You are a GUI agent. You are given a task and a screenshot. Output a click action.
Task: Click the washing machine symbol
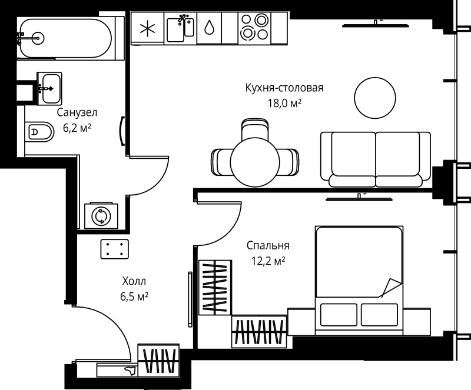[x=102, y=216]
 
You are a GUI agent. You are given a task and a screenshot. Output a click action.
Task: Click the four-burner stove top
[x=254, y=27]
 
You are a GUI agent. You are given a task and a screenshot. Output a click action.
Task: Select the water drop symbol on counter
[x=210, y=28]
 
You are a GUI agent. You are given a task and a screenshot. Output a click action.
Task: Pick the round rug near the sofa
[x=374, y=98]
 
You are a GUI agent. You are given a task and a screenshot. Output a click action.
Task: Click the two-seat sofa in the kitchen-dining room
[x=375, y=158]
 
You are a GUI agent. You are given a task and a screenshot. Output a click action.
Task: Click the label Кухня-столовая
[x=284, y=88]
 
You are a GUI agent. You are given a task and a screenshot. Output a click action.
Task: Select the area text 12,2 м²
[x=268, y=260]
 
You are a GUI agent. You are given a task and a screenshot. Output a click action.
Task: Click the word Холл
[x=133, y=282]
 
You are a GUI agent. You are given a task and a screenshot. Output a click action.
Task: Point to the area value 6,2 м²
[x=77, y=126]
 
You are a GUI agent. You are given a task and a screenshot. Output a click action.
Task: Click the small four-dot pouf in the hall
[x=115, y=249]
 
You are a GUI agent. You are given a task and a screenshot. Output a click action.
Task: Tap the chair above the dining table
[x=255, y=128]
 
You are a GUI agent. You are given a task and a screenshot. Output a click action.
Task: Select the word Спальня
[x=268, y=245]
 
